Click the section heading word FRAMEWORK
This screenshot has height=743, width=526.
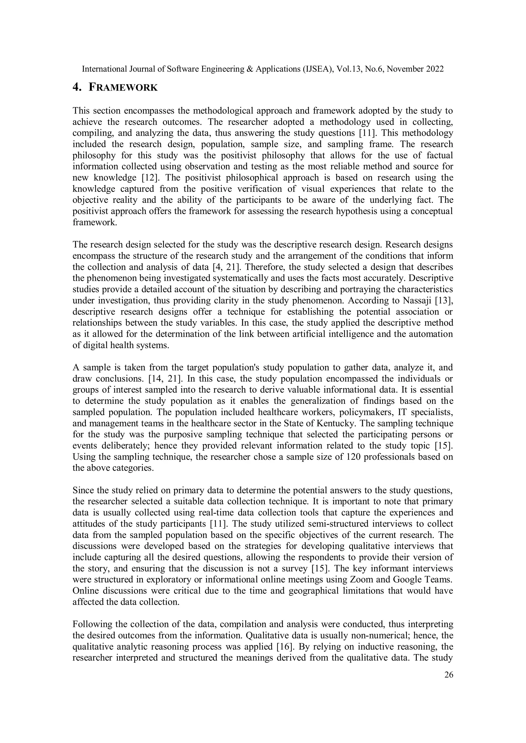point(123,87)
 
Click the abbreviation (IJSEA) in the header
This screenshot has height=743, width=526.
point(318,69)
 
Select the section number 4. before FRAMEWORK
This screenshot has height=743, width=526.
point(77,87)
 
